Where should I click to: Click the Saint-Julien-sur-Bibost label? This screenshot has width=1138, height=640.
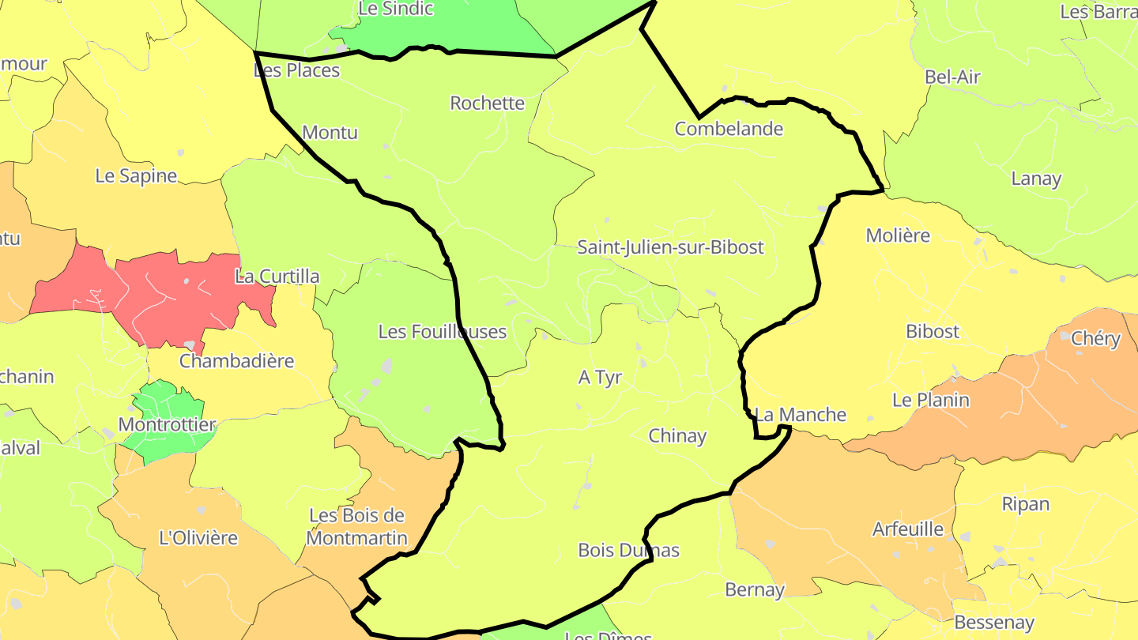point(670,247)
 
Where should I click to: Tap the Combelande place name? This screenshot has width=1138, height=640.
point(729,129)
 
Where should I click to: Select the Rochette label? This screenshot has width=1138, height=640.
point(487,103)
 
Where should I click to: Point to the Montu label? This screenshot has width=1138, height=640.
point(330,132)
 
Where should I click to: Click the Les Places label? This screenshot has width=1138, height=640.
point(296,70)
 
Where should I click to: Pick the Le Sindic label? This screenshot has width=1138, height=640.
point(395,9)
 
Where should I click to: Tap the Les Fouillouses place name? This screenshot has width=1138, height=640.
point(442,332)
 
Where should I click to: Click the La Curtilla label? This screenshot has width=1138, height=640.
point(277,277)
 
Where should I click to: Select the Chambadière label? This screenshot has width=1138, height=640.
point(236,361)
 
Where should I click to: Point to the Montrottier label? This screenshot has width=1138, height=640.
point(167,425)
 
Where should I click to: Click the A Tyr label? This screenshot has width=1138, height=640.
point(600,378)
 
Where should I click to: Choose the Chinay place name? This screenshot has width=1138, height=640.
point(677,436)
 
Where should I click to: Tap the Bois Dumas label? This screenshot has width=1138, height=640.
point(628,550)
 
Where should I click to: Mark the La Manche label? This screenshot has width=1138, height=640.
point(800,415)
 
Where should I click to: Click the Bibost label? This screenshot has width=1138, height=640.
point(933,332)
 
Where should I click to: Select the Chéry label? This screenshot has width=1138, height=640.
point(1095,339)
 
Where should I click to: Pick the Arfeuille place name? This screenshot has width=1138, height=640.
point(907,529)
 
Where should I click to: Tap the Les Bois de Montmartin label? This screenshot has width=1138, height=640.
point(356,527)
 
